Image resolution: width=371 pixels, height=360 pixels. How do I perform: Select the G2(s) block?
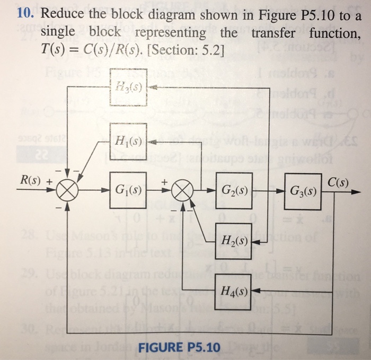[234, 189]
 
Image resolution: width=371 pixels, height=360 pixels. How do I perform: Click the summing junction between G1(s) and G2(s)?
[182, 189]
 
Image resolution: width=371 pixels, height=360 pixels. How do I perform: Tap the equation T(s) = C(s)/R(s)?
[94, 50]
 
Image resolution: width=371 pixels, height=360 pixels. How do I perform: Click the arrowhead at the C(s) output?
[352, 189]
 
